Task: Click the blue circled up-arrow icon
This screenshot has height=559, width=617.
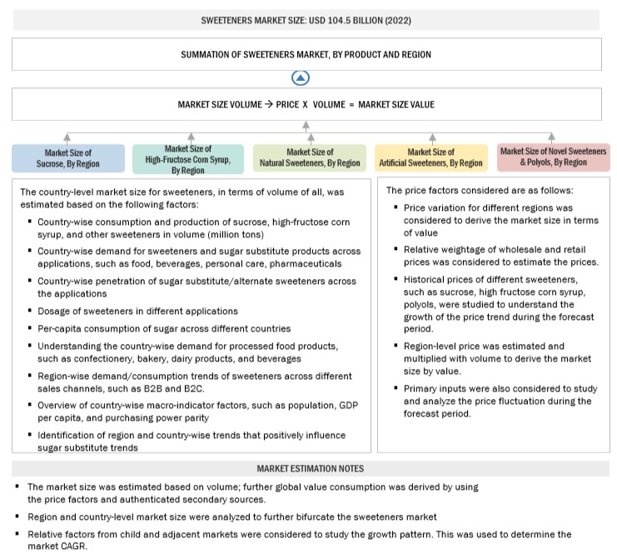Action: pyautogui.click(x=301, y=78)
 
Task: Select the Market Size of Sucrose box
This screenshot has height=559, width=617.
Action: pyautogui.click(x=67, y=157)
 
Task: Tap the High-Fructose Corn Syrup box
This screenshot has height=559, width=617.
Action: pyautogui.click(x=189, y=157)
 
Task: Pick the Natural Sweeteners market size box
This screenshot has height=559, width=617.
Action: pyautogui.click(x=310, y=157)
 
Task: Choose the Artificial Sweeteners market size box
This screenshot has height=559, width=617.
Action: pyautogui.click(x=430, y=157)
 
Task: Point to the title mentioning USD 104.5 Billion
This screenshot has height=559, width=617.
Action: pyautogui.click(x=306, y=19)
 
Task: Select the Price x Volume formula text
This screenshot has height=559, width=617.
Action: pyautogui.click(x=306, y=105)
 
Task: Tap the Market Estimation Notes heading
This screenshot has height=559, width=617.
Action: pyautogui.click(x=309, y=468)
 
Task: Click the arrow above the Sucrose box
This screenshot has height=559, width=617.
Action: pyautogui.click(x=67, y=136)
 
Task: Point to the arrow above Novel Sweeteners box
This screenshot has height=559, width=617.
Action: pyautogui.click(x=551, y=136)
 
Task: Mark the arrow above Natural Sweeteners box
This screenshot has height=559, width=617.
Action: pyautogui.click(x=310, y=136)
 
